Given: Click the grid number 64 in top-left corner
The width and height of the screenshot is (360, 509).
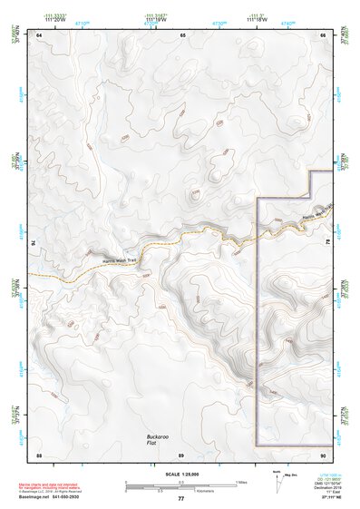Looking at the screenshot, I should [x=39, y=34].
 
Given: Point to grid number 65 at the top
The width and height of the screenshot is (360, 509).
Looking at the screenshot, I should [x=182, y=34].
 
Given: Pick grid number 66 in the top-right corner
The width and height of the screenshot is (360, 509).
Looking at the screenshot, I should [x=323, y=34].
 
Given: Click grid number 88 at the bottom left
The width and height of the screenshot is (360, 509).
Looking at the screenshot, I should [x=39, y=454].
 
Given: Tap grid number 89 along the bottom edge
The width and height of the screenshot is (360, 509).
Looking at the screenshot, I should [x=180, y=454].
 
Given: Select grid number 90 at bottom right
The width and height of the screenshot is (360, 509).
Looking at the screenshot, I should [x=323, y=454].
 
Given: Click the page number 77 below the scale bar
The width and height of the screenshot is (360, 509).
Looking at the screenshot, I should [x=180, y=498].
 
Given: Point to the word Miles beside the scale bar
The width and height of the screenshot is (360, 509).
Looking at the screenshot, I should [x=239, y=480].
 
